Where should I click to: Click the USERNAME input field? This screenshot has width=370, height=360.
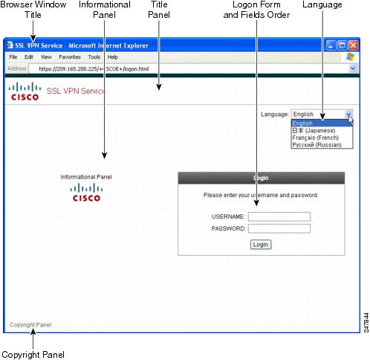coord(279,216)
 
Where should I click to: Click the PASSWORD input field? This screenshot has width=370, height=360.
coord(279,228)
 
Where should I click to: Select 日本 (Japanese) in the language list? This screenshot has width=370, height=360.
coord(314,130)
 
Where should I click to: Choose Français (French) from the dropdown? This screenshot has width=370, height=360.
coord(315,138)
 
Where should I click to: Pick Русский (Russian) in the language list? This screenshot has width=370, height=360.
coord(317,145)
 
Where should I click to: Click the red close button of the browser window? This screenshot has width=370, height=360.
coord(353,45)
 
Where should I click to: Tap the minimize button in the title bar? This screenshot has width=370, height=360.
coord(331,45)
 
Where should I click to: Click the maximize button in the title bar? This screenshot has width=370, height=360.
coord(342,45)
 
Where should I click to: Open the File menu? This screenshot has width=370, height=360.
coord(13,57)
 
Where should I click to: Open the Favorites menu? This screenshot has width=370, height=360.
coord(70,57)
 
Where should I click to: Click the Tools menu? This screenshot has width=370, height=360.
coord(94,57)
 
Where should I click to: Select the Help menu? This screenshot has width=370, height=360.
coord(113,57)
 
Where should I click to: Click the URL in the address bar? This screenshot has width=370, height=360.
coord(94,69)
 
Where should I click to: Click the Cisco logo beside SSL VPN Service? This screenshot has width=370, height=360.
coord(25,91)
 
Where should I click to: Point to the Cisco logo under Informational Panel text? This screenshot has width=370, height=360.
coord(86,192)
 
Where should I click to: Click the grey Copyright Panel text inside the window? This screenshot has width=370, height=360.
coord(30,325)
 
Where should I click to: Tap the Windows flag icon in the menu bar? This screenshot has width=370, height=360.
coord(350,57)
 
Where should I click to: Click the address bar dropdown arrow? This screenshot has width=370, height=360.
coord(353,68)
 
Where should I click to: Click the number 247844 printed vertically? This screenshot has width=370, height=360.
coord(366,323)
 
